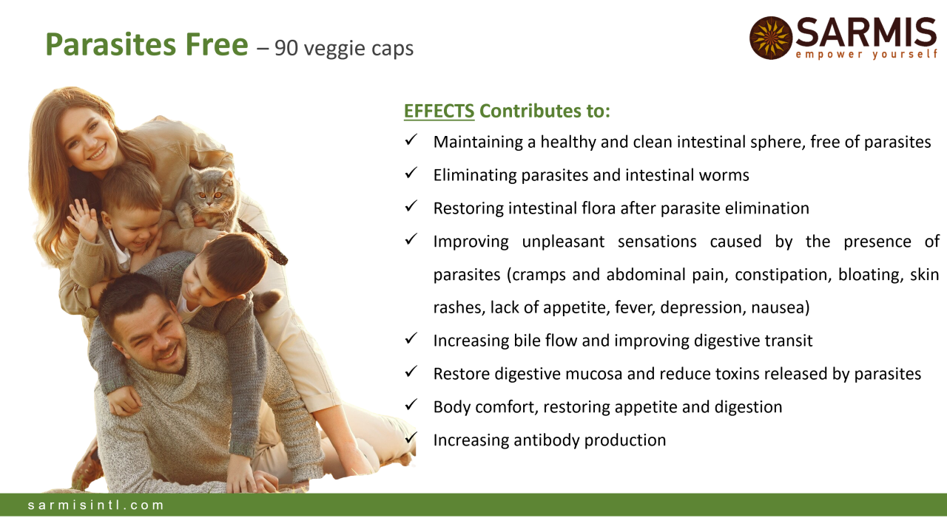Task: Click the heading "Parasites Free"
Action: click(146, 44)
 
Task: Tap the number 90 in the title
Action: click(286, 48)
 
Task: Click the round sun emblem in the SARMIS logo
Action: click(771, 38)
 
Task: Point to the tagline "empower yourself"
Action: click(866, 55)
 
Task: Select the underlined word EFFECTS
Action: click(439, 111)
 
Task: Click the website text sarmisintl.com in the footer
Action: click(95, 505)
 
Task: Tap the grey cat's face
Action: click(210, 195)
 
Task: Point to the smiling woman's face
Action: click(90, 140)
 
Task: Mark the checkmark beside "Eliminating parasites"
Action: click(411, 173)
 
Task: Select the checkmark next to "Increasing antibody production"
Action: click(411, 438)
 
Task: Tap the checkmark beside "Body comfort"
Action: click(411, 405)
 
